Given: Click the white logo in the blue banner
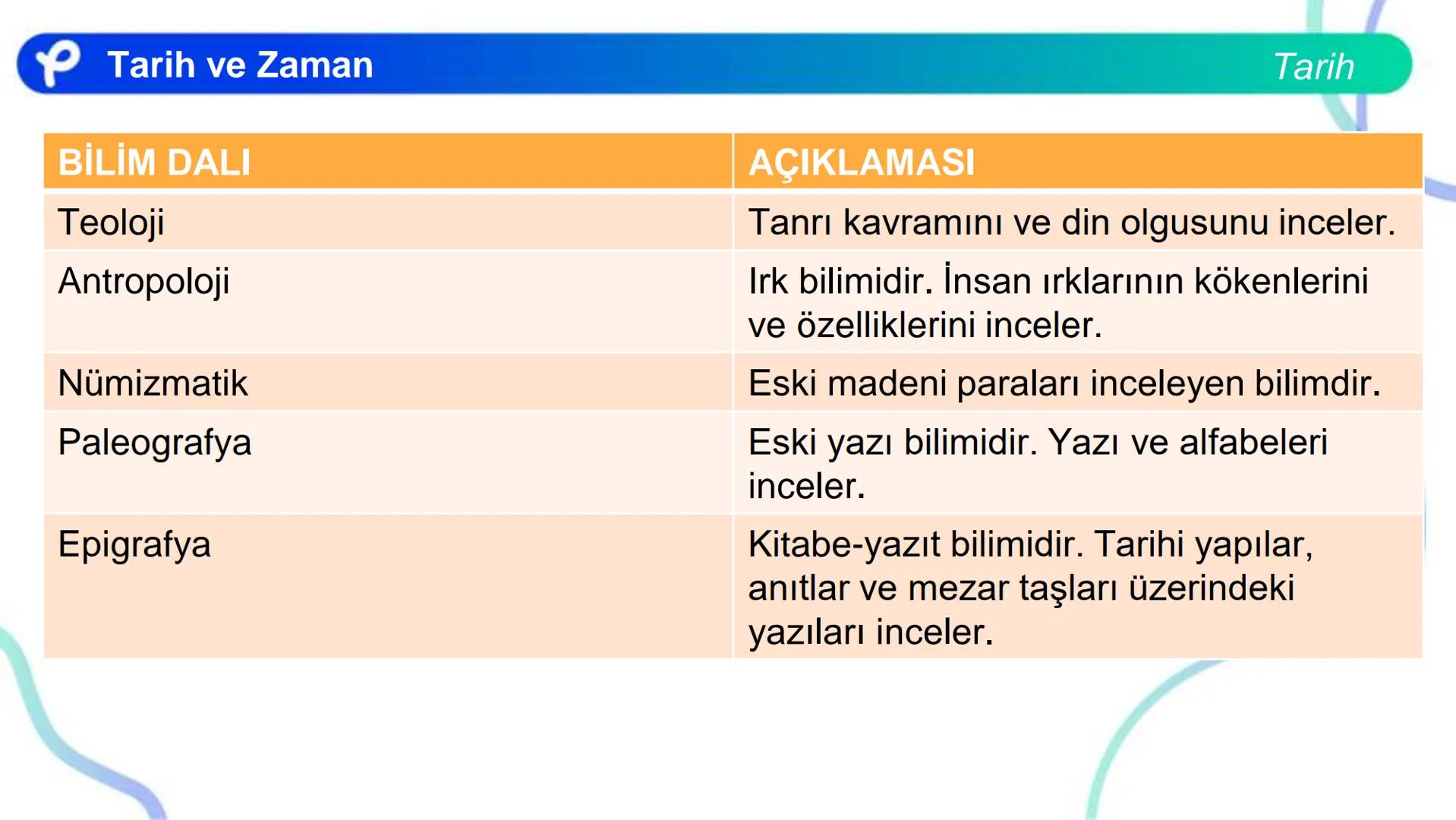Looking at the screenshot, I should click(58, 63).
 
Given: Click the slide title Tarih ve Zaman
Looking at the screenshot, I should click(240, 65).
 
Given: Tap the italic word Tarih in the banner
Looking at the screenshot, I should click(1313, 67).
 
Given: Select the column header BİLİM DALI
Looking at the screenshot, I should click(154, 162).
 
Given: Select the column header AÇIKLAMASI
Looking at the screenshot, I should click(861, 162).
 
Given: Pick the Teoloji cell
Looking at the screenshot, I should click(111, 223).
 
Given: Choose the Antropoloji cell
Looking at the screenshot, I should click(143, 282).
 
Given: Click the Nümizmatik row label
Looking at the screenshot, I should click(153, 383).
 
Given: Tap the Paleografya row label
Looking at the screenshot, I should click(154, 443).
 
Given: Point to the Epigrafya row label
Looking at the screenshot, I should click(134, 544).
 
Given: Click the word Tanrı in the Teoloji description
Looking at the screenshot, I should click(789, 222).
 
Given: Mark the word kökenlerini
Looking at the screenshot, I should click(1281, 281).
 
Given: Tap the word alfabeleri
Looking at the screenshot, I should click(1253, 443).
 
